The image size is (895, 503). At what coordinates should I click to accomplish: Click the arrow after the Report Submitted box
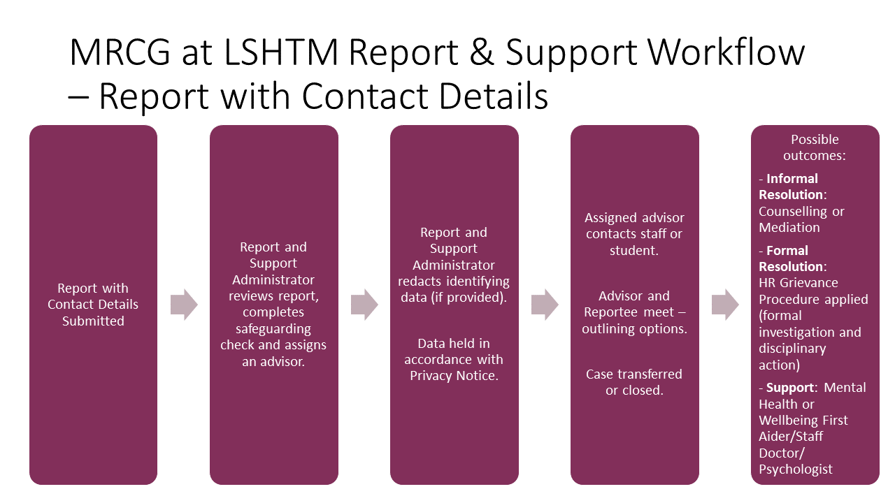click(x=184, y=305)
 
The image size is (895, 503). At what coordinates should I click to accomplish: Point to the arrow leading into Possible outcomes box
click(x=725, y=305)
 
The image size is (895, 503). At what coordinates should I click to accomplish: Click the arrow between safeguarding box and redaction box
click(x=364, y=305)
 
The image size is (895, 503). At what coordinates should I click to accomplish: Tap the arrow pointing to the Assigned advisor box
click(x=545, y=305)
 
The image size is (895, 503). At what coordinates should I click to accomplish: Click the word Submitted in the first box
click(x=93, y=321)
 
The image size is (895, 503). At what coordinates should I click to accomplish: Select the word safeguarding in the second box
click(x=273, y=329)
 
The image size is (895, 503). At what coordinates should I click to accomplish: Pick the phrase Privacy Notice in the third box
click(x=454, y=376)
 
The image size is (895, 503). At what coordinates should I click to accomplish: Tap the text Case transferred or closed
click(x=634, y=382)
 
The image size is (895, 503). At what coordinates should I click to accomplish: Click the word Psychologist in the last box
click(x=796, y=469)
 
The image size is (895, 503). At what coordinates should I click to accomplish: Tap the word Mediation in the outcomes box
click(x=789, y=228)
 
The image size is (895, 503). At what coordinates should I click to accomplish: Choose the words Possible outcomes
click(x=815, y=147)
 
